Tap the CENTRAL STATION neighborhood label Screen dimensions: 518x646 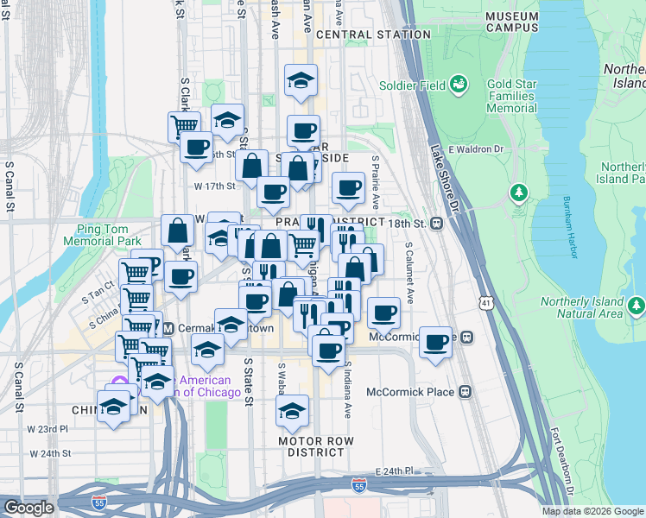coord(373,35)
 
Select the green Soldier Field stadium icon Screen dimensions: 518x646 coord(459,84)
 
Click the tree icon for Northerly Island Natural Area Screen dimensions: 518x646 coord(636,305)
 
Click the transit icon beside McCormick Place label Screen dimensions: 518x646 coord(465,391)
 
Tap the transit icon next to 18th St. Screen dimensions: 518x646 coord(437,224)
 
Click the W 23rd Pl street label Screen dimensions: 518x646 coord(47,428)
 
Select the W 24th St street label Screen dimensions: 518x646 coord(49,452)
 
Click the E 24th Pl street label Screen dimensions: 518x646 coord(395,471)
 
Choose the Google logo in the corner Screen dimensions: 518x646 coord(28,508)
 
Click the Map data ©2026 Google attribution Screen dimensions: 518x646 coord(592,511)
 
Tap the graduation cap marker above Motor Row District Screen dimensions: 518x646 coord(293,410)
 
